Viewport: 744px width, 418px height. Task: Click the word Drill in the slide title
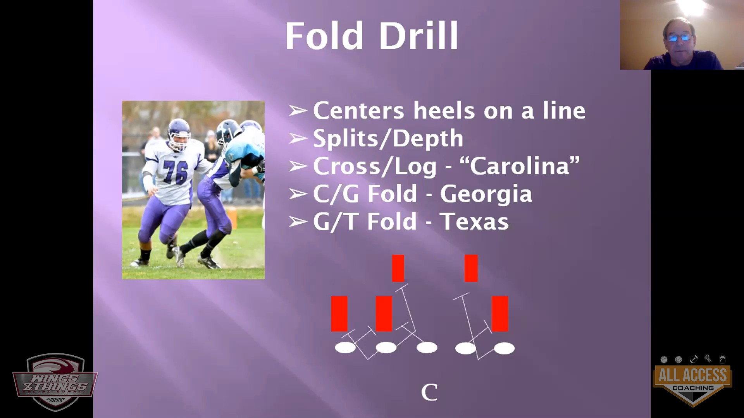418,36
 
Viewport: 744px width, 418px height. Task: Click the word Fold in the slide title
326,36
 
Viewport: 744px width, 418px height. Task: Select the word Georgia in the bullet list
486,194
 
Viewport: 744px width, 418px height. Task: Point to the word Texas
474,221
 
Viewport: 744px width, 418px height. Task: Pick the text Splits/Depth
388,139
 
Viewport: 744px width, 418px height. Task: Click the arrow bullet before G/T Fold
298,222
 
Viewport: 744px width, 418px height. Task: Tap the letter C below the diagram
429,392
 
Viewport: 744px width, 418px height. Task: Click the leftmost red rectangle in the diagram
339,314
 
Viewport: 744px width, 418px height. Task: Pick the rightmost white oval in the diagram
504,348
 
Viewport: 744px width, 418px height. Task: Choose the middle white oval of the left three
386,348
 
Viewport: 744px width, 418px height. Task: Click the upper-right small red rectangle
471,268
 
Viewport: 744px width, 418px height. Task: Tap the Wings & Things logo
55,382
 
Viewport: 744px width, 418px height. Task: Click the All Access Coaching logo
692,381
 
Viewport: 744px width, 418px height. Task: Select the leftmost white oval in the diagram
345,348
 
